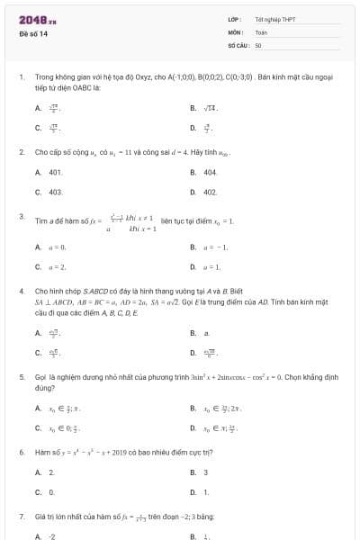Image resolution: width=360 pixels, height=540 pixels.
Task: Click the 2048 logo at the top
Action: [37, 19]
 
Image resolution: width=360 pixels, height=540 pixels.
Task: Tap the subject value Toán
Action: [261, 31]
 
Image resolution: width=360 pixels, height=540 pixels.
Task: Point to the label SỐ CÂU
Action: [238, 44]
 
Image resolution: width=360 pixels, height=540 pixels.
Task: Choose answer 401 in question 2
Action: [55, 171]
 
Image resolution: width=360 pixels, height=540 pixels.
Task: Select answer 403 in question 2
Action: [55, 192]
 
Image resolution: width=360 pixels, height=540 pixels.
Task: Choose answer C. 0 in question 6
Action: [51, 492]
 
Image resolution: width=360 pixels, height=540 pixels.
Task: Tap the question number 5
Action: [21, 378]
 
